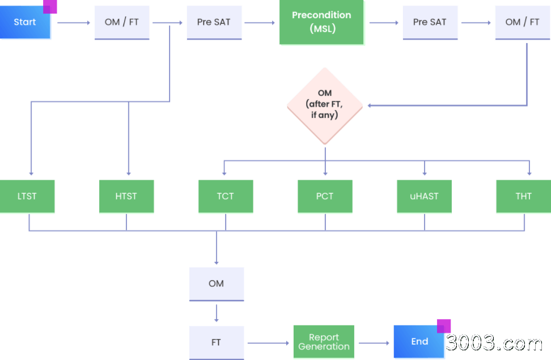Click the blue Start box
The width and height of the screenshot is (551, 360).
(25, 22)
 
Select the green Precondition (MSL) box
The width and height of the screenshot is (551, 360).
(321, 22)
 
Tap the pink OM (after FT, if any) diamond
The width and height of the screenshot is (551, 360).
(325, 105)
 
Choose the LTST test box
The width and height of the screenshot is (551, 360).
(27, 196)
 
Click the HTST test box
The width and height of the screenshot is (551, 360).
(126, 196)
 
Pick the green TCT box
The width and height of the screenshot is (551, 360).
(226, 196)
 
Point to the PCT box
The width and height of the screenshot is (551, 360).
(325, 196)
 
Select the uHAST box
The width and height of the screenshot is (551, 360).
(424, 196)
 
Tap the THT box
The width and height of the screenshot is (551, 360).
(524, 196)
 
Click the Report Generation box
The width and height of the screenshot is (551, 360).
(324, 342)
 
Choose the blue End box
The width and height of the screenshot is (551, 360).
(419, 342)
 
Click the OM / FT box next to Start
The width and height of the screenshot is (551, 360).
(122, 23)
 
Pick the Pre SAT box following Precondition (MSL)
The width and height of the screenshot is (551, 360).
(430, 23)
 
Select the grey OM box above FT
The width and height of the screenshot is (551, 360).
(217, 284)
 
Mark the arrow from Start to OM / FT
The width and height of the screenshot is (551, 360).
(74, 23)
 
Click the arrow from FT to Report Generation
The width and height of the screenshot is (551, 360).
(268, 343)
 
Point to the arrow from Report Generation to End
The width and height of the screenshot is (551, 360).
(374, 343)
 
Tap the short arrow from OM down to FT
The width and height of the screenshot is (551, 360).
(217, 314)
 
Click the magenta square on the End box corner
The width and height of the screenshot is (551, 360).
(444, 326)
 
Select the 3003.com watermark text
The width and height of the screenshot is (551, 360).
(494, 343)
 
